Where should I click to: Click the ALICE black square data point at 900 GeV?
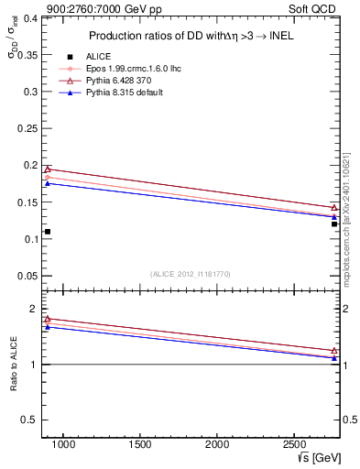point(48,232)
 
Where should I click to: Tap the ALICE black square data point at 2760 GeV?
point(334,224)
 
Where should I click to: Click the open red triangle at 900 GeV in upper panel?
point(48,169)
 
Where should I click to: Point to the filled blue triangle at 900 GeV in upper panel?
point(48,183)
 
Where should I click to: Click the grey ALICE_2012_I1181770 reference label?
point(189,273)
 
